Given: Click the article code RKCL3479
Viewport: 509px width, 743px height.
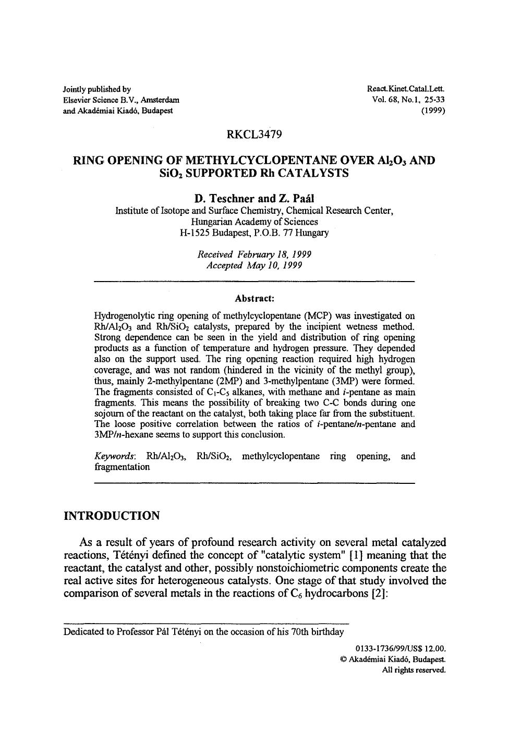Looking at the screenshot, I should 254,135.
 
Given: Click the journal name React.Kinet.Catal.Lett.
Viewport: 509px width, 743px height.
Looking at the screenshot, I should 406,89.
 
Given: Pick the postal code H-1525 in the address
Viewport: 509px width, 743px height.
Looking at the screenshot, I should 191,233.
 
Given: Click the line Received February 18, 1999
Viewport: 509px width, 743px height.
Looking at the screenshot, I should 254,254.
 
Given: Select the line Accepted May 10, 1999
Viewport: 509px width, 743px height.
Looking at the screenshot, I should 254,265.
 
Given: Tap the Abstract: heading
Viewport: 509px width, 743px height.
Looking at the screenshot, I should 254,299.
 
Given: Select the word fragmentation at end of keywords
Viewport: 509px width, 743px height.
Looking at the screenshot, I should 122,467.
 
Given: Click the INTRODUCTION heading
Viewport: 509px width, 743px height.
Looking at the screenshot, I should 112,516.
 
